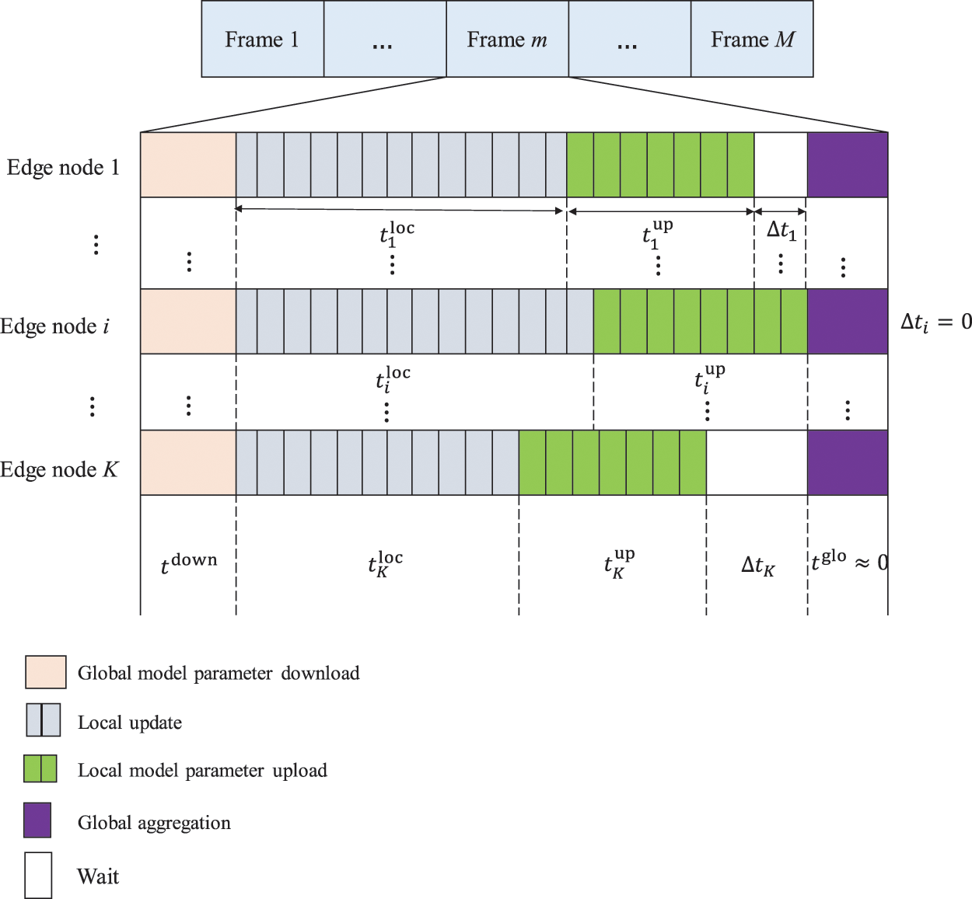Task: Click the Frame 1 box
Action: tap(262, 40)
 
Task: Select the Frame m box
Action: tap(507, 40)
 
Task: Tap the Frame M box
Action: tap(752, 40)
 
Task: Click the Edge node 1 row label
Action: tap(63, 168)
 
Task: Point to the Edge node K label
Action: tap(59, 470)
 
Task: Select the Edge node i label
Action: tap(54, 326)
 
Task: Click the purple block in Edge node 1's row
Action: tap(848, 165)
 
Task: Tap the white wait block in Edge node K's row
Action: tap(757, 462)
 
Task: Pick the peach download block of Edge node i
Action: tap(188, 322)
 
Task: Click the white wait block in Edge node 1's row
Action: tap(781, 165)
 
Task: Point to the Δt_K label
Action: tap(757, 566)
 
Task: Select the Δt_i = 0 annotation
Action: tap(935, 322)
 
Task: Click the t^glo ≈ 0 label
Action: tap(848, 561)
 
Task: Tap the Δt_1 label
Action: tap(781, 230)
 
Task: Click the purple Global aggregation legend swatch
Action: tap(37, 820)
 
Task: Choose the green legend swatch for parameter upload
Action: tap(40, 768)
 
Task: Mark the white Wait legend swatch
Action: tap(38, 876)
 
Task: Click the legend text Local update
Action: tap(130, 723)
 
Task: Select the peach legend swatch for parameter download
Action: tap(45, 672)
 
